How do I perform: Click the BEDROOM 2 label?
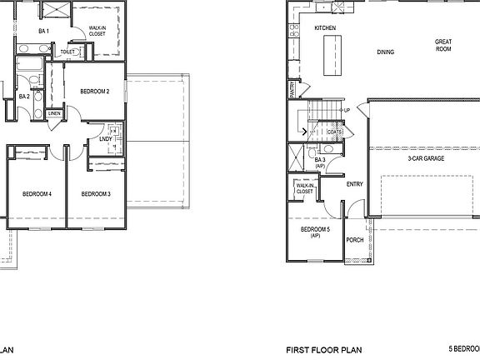(95, 91)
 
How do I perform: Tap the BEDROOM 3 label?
(96, 194)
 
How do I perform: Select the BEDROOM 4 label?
(37, 194)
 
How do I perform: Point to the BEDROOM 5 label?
(316, 232)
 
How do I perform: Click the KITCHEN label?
(325, 28)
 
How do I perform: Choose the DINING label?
(385, 52)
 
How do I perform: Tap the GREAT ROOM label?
(442, 45)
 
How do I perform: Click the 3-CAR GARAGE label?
(424, 158)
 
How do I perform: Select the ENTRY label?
(354, 184)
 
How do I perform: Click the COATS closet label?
(335, 132)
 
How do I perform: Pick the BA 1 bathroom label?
(44, 32)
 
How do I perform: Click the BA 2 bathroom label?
(24, 96)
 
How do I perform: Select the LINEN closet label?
(54, 113)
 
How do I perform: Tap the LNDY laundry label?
(106, 139)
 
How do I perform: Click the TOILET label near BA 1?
(67, 52)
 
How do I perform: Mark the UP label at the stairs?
(346, 110)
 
